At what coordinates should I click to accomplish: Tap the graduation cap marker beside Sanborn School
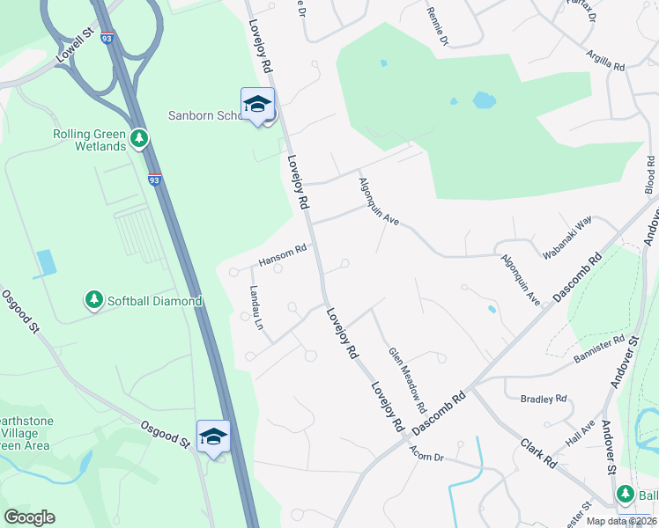click(257, 105)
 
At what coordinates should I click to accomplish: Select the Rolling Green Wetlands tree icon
click(138, 139)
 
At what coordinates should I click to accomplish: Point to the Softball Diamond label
click(155, 301)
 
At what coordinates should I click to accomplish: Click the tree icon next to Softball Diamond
click(93, 300)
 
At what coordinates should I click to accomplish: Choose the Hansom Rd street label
click(282, 255)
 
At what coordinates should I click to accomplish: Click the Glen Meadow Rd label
click(408, 380)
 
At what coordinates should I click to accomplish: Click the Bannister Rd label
click(599, 345)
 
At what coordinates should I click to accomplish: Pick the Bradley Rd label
click(544, 399)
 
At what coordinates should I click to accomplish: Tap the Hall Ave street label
click(581, 434)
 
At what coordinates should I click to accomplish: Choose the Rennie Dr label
click(438, 27)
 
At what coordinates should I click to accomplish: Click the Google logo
click(29, 517)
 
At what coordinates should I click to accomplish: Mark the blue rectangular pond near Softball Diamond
click(46, 262)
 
